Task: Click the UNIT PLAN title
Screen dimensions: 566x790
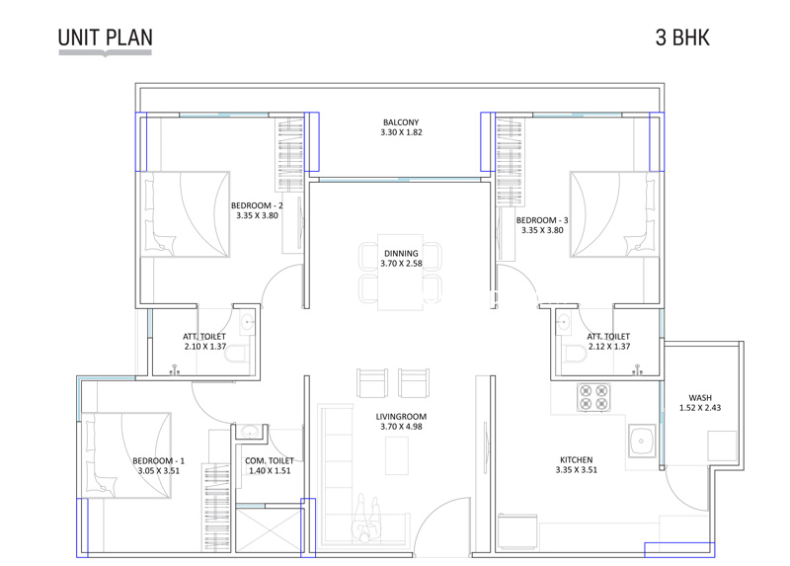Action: point(106,38)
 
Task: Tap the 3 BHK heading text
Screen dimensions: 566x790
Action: point(683,38)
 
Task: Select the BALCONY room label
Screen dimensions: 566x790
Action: point(401,122)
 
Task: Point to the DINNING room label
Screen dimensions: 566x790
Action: point(401,254)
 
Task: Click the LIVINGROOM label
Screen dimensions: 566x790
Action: point(401,416)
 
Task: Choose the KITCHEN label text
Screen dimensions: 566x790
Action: point(576,459)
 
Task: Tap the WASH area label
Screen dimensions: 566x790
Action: point(700,398)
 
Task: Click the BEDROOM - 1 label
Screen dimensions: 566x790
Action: point(159,461)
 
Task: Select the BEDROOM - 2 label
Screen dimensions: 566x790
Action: point(257,206)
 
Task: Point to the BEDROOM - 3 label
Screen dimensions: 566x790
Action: point(542,220)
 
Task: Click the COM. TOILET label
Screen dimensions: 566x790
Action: point(269,461)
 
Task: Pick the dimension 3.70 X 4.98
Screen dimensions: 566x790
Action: point(401,427)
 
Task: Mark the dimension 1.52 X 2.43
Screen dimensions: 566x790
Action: point(700,408)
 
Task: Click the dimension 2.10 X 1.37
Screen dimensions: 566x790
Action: point(205,347)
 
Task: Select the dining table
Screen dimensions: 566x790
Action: point(401,272)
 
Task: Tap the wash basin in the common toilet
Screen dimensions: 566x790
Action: point(249,432)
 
